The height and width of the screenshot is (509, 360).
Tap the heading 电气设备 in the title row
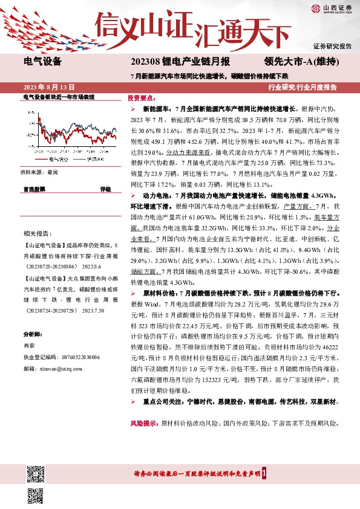[x=42, y=61]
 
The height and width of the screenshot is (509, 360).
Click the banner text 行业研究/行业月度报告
[x=303, y=87]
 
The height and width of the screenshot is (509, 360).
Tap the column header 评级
[x=105, y=189]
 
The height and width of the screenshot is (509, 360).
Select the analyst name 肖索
[x=29, y=345]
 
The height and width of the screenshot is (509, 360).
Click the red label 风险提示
[x=143, y=424]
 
